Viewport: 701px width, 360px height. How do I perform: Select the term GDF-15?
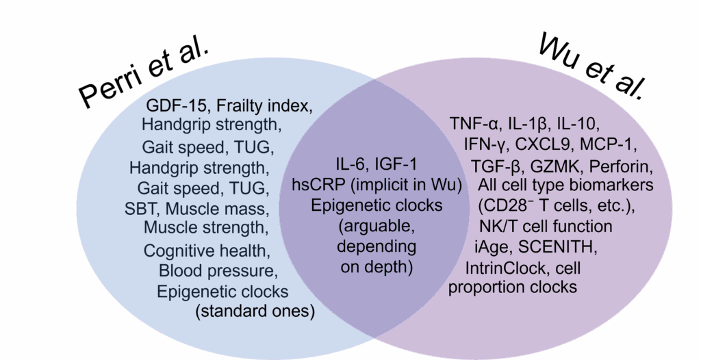point(176,105)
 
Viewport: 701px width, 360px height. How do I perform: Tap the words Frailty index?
point(264,105)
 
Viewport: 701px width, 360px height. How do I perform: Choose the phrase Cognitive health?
point(207,250)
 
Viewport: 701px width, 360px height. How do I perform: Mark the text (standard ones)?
point(255,311)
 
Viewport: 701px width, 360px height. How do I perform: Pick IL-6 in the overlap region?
point(352,164)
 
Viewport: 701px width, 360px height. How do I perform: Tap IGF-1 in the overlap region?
point(396,164)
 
